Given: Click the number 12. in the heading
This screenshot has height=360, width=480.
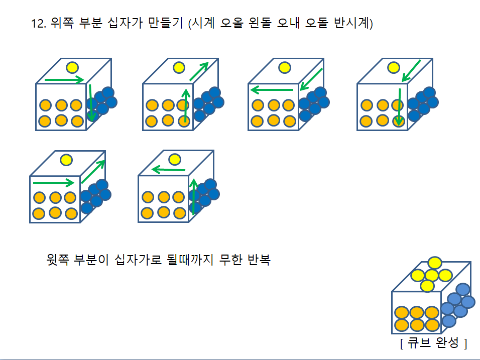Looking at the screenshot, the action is [x=39, y=24].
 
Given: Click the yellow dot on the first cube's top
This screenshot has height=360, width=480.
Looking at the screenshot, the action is [x=72, y=67].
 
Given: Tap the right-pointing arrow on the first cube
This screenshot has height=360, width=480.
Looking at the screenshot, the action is [x=64, y=79].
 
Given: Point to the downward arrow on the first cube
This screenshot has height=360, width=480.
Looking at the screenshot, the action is [x=91, y=102].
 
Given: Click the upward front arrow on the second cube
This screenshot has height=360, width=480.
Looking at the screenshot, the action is [x=186, y=105].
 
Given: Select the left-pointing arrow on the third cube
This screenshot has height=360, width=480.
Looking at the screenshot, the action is [x=271, y=90].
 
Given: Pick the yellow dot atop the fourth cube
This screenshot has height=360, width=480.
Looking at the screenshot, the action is [x=393, y=67].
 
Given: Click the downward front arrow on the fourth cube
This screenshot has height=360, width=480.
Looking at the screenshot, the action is [x=399, y=106].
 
